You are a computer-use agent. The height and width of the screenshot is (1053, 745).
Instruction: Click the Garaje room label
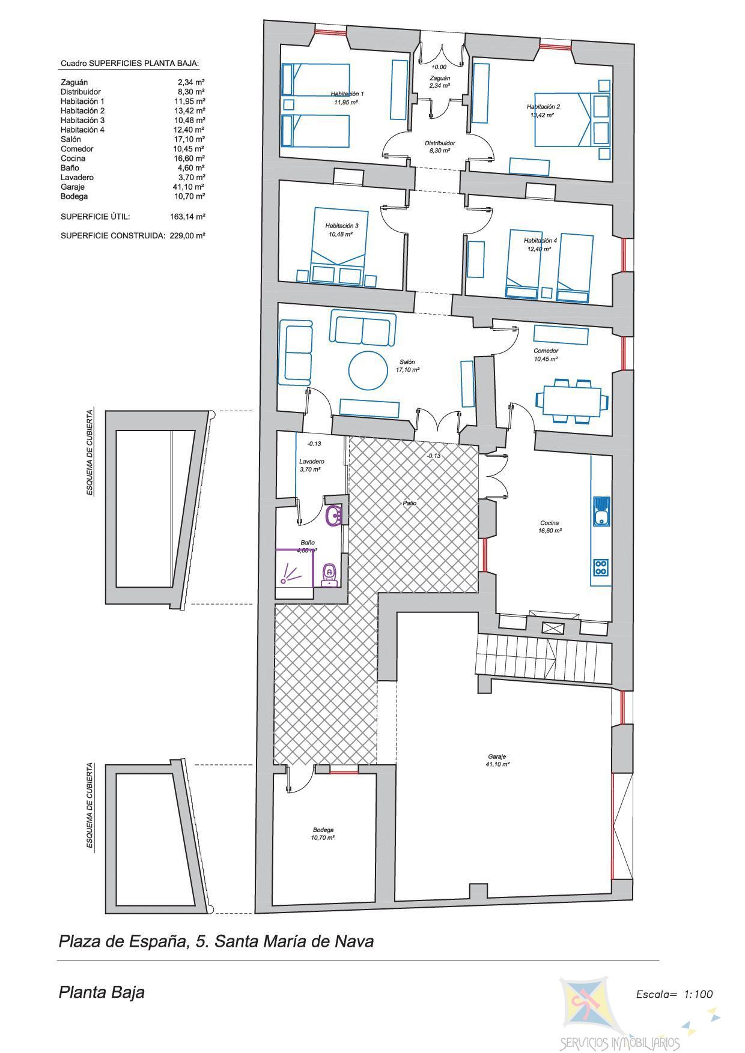pyautogui.click(x=498, y=756)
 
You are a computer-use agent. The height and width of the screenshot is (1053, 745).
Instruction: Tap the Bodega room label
pyautogui.click(x=323, y=830)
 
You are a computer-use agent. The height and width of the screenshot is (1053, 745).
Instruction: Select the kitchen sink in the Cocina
pyautogui.click(x=601, y=511)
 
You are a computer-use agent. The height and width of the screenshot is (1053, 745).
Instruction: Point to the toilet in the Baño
pyautogui.click(x=329, y=575)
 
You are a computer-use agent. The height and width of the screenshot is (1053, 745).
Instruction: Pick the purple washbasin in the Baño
pyautogui.click(x=334, y=516)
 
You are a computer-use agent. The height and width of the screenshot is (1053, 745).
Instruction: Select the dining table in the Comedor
pyautogui.click(x=568, y=401)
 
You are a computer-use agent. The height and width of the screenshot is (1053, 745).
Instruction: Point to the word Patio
pyautogui.click(x=410, y=503)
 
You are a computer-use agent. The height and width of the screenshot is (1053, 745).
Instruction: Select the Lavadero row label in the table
pyautogui.click(x=77, y=177)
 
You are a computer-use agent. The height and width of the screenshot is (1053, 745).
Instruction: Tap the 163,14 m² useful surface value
pyautogui.click(x=187, y=216)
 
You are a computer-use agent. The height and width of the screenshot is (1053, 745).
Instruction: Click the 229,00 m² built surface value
pyautogui.click(x=187, y=236)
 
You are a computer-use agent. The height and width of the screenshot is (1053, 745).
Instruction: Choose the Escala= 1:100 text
pyautogui.click(x=675, y=994)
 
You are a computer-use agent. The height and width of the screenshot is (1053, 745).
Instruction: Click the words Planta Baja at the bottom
pyautogui.click(x=102, y=992)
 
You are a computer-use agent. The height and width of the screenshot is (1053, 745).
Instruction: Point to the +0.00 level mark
pyautogui.click(x=439, y=67)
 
